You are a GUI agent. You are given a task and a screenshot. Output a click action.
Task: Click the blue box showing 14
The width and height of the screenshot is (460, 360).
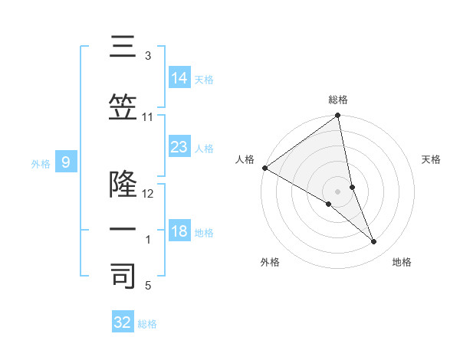179,77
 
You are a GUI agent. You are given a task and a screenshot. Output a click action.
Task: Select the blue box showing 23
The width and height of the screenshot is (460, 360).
179,146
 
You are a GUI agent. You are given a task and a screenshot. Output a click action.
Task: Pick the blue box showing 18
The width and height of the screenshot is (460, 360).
179,232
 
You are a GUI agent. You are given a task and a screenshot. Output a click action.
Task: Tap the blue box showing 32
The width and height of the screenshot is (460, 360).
123,322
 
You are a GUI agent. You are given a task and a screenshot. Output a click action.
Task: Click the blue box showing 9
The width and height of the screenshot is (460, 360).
66,162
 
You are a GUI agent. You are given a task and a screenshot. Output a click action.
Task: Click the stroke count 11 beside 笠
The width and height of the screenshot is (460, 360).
148,117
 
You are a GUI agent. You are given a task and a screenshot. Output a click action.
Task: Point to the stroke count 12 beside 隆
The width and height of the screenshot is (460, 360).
148,194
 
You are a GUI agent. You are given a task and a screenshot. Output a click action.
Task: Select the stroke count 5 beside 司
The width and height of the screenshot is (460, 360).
148,286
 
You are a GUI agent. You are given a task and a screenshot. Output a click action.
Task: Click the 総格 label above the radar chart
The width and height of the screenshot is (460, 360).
338,100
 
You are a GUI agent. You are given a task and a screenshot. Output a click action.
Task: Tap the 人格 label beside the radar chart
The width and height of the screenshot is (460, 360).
245,159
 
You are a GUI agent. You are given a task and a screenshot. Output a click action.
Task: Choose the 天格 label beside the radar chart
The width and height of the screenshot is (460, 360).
432,159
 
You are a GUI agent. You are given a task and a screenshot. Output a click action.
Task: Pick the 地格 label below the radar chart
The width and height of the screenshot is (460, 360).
402,262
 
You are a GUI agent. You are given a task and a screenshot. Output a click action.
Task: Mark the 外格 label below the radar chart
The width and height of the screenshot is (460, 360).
270,262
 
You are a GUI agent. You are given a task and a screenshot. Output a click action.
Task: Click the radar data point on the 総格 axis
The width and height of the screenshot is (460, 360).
338,116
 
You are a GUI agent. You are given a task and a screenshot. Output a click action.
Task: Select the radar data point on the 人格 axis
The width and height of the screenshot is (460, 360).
264,168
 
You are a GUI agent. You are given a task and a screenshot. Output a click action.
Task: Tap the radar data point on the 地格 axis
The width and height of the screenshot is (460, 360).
374,242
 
